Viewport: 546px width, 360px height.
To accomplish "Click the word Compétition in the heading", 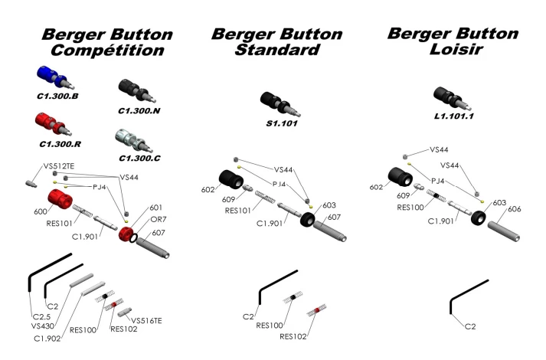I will point(106,51).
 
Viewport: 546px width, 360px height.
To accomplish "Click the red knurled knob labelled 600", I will point(59,201).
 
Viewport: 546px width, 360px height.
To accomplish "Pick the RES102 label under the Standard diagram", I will point(295,336).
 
